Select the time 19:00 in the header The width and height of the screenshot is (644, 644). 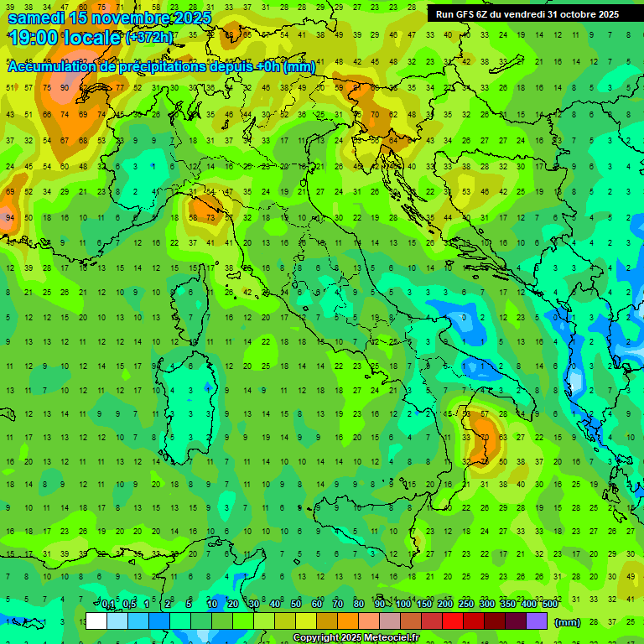tap(34, 38)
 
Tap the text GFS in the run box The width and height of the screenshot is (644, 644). tap(468, 14)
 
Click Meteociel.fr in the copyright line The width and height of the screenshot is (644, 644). tap(392, 638)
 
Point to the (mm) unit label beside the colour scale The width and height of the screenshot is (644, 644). tap(568, 622)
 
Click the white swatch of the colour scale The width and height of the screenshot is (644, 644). tap(96, 621)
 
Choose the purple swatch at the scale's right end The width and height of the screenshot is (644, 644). tap(537, 621)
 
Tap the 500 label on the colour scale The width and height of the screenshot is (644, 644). tap(549, 605)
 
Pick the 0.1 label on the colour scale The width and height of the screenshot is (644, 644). tap(108, 605)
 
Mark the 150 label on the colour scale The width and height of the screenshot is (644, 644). tap(424, 605)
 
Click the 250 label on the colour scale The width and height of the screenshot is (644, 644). tap(466, 605)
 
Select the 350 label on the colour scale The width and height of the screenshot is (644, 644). tap(508, 605)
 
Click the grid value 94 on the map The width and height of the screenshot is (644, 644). tap(10, 218)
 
